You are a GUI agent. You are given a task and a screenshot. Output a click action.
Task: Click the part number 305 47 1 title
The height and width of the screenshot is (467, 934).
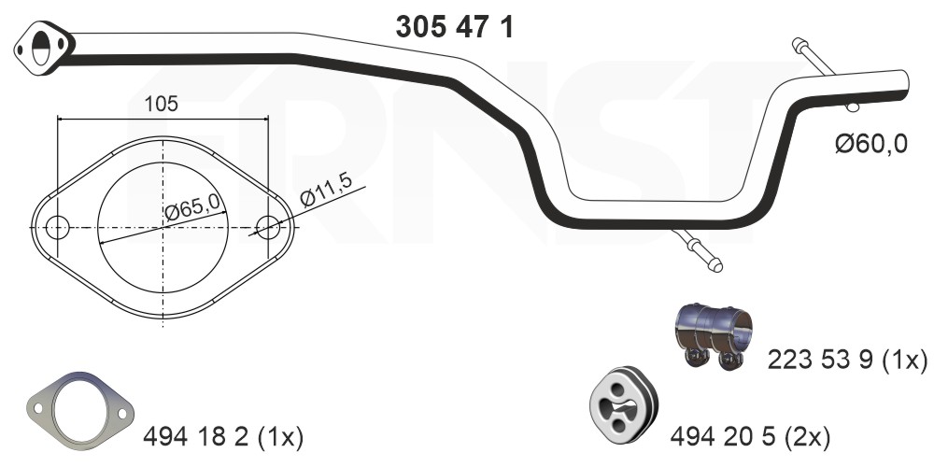tap(454, 27)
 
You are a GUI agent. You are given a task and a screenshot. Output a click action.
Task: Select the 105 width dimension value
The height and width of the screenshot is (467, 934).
tap(162, 104)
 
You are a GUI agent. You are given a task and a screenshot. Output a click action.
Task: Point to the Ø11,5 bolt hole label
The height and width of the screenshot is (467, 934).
tap(327, 189)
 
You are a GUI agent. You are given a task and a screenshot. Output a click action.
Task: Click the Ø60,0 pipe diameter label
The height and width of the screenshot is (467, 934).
tap(870, 144)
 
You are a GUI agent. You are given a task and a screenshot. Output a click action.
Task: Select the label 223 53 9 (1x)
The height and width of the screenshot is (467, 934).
tap(847, 360)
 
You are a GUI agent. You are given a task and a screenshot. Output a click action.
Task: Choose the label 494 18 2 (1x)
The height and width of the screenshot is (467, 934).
tap(223, 438)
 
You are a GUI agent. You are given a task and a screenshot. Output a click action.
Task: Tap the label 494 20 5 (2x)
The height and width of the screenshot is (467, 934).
tap(750, 438)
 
